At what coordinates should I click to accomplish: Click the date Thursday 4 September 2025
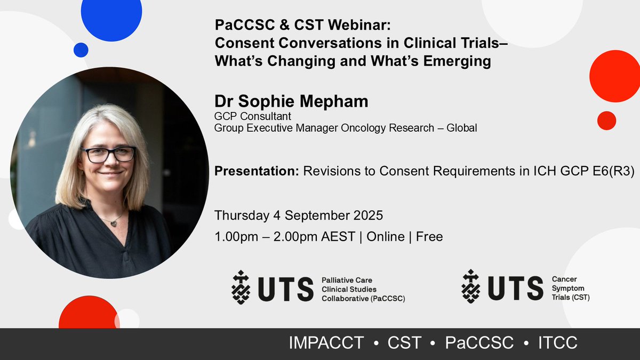tap(299, 216)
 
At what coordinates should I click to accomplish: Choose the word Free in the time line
tap(429, 236)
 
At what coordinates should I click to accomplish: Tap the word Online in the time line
tap(385, 236)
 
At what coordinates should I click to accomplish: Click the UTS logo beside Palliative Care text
tap(273, 288)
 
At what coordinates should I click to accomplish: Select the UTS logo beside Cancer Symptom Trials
tap(502, 288)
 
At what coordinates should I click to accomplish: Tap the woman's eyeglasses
tap(108, 155)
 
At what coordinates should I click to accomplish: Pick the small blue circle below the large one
tap(81, 50)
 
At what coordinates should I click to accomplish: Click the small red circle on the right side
tap(606, 120)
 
